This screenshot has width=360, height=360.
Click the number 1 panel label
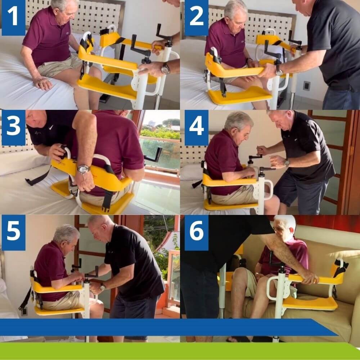pyautogui.click(x=14, y=17)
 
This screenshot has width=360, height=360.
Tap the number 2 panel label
pyautogui.click(x=197, y=17)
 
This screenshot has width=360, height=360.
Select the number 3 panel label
pyautogui.click(x=14, y=127)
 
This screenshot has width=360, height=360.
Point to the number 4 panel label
pyautogui.click(x=197, y=127)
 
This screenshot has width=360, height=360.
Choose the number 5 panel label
pyautogui.click(x=14, y=233)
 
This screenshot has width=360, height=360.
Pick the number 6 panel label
pyautogui.click(x=197, y=233)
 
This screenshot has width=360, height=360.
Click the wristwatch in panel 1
pyautogui.click(x=165, y=68)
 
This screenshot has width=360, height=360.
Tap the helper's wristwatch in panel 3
pyautogui.click(x=84, y=170)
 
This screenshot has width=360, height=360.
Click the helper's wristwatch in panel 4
pyautogui.click(x=287, y=163)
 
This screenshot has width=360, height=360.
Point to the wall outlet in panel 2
pyautogui.click(x=306, y=86)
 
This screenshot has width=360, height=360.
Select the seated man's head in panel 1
pyautogui.click(x=65, y=9)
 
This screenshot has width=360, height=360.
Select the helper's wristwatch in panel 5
pyautogui.click(x=103, y=287)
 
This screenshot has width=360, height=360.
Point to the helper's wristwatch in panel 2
pyautogui.click(x=279, y=70)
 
